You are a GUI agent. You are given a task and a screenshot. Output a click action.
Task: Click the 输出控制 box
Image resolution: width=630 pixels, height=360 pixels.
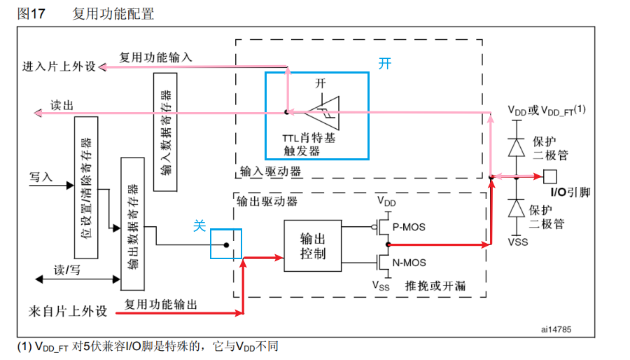tap(312, 245)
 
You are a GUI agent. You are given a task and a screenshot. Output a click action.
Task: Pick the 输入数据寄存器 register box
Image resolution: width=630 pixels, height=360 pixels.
tap(165, 130)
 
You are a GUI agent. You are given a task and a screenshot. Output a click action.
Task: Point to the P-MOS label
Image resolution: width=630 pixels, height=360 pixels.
tap(409, 227)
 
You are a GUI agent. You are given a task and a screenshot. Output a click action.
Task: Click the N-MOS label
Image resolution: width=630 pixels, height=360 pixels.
tap(409, 263)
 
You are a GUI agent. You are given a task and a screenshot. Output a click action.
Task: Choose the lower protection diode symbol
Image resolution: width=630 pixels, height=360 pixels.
tap(517, 208)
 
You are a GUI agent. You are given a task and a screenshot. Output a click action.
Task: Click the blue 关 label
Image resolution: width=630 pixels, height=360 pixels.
tap(199, 226)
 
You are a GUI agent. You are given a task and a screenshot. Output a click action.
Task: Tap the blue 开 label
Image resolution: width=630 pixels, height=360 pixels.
tap(385, 64)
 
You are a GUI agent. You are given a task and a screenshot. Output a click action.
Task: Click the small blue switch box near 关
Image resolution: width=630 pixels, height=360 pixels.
tap(226, 244)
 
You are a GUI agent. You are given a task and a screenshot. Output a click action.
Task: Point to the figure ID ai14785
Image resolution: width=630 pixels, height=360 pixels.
tap(556, 327)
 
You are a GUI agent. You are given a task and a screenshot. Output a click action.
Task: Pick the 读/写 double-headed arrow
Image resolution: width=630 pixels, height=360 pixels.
tap(77, 279)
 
